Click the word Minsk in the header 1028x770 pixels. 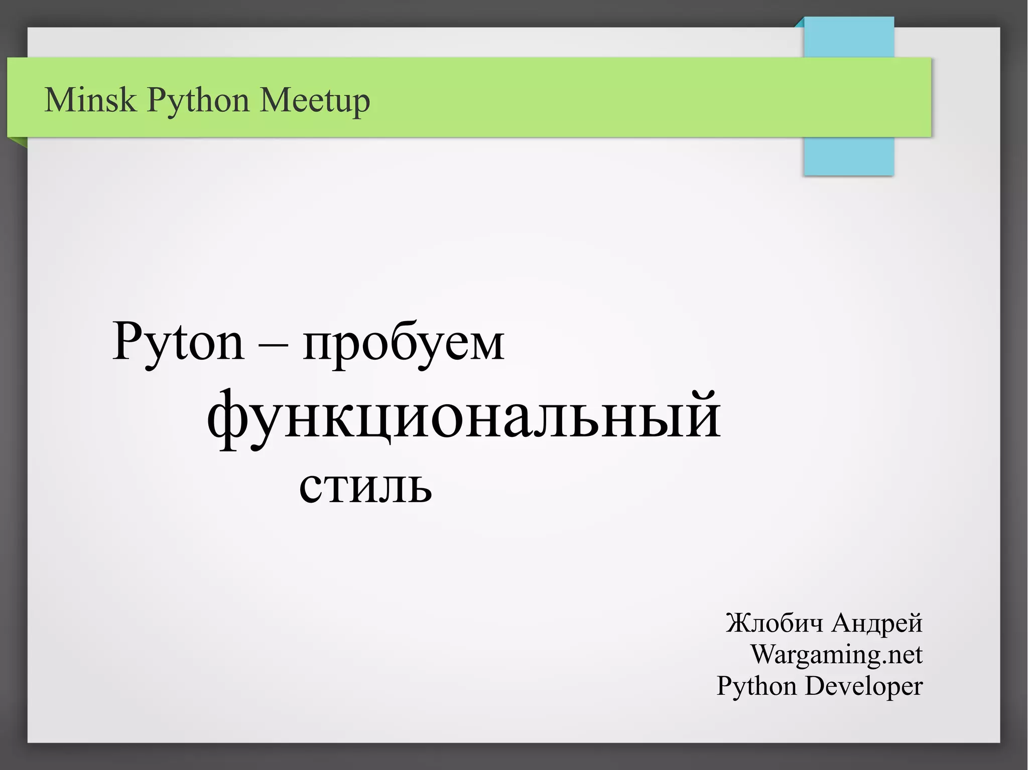(x=90, y=99)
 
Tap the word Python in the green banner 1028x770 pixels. (x=198, y=100)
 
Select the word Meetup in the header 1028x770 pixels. (x=315, y=100)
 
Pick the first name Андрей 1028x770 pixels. (x=877, y=623)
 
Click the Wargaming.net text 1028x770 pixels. (x=836, y=655)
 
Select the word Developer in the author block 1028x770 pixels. (x=863, y=686)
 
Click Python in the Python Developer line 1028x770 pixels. (x=756, y=686)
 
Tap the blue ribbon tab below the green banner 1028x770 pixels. (x=848, y=156)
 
